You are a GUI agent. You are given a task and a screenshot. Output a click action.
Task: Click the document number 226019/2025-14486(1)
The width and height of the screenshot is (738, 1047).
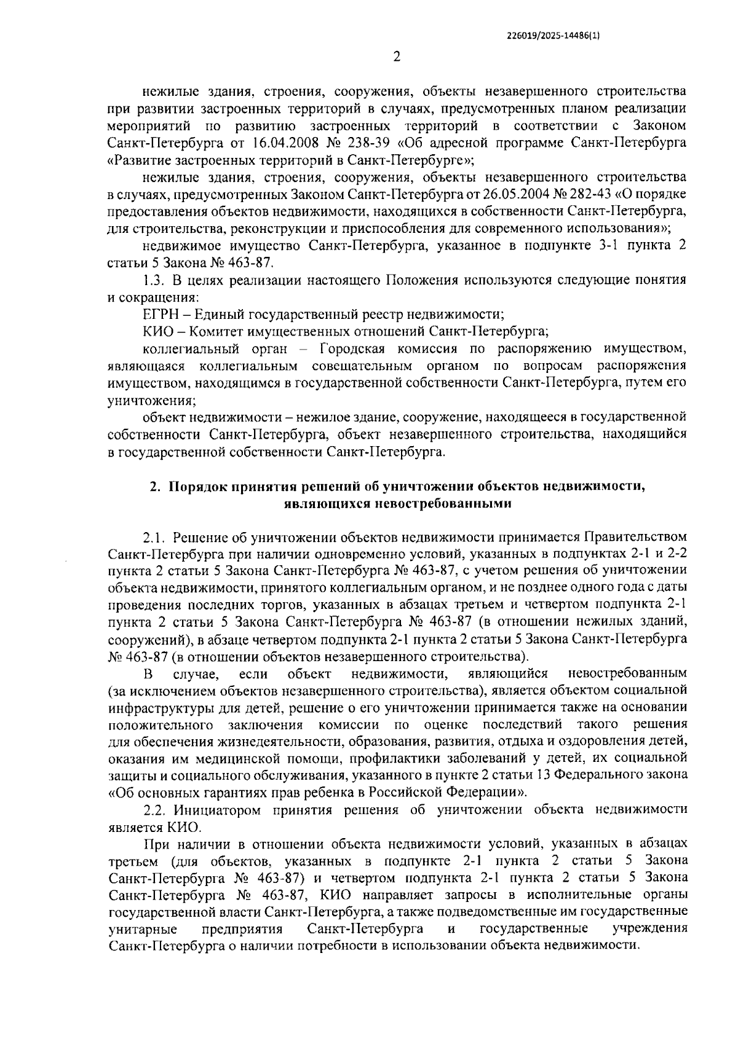[x=551, y=36]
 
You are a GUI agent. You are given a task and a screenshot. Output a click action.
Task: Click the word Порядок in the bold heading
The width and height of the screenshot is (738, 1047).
[x=195, y=487]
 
